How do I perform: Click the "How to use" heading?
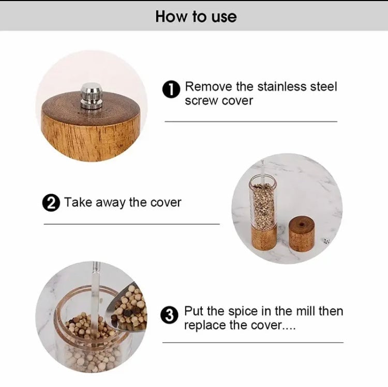click(196, 16)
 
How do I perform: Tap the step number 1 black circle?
click(171, 90)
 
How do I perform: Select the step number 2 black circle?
click(51, 202)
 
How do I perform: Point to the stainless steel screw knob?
click(91, 97)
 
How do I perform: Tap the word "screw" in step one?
click(202, 101)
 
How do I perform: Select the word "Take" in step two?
click(78, 202)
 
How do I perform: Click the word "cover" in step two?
click(166, 202)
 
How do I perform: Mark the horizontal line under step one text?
click(250, 121)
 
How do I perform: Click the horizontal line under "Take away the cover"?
click(131, 224)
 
